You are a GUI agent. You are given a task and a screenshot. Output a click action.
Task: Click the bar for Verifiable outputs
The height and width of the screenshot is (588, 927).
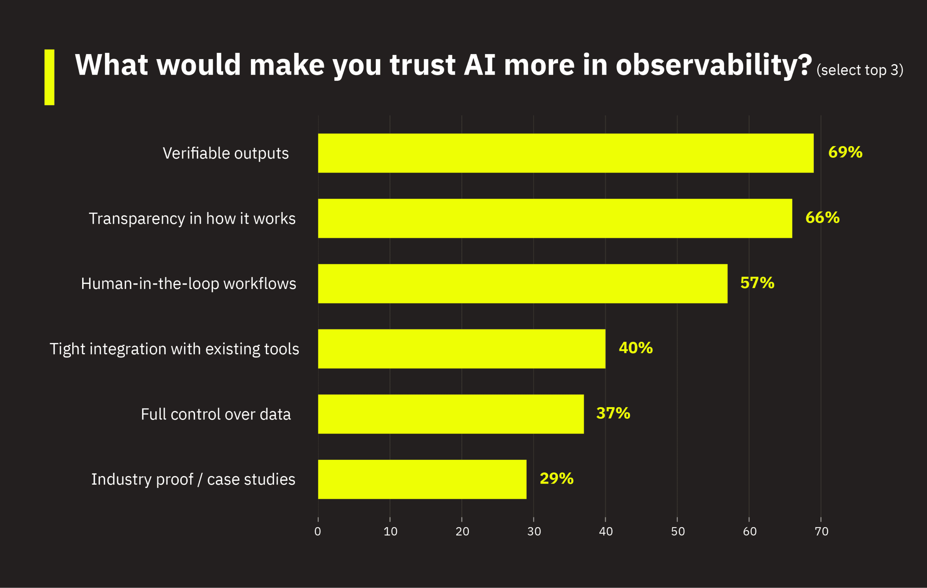[x=566, y=153]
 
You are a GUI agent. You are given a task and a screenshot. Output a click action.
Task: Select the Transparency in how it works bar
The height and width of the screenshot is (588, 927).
[x=555, y=218]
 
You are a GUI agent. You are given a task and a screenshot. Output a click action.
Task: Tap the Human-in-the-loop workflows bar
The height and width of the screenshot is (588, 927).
[x=523, y=283]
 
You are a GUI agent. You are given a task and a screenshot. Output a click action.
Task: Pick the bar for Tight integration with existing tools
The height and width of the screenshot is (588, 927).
[x=461, y=349]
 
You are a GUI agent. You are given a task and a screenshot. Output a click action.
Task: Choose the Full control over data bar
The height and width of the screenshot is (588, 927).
[x=450, y=414]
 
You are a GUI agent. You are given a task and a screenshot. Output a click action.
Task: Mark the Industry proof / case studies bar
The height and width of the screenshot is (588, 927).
[x=422, y=479]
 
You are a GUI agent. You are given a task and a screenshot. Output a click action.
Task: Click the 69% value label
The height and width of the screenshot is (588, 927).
[x=845, y=152]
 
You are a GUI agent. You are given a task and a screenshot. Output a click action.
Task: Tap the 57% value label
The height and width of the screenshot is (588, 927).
[x=757, y=283]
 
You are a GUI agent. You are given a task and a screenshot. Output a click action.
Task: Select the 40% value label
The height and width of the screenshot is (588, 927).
[x=636, y=348]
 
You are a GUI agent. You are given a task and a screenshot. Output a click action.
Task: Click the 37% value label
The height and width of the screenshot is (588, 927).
[x=613, y=413]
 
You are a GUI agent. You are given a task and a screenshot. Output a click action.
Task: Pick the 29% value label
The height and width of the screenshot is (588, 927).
[x=556, y=478]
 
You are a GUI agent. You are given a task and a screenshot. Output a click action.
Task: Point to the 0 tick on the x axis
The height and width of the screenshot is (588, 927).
[x=318, y=531]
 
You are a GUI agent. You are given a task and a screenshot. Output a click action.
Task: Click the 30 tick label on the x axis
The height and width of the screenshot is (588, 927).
[x=534, y=531]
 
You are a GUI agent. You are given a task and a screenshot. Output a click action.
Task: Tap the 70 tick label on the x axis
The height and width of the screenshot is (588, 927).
[x=822, y=531]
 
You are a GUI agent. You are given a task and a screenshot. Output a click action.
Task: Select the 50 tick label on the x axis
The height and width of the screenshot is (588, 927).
[x=678, y=531]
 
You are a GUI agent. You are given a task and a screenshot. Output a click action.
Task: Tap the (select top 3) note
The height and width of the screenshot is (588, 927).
[x=860, y=70]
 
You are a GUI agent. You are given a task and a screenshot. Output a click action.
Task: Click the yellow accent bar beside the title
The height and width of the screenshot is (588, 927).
[x=49, y=77]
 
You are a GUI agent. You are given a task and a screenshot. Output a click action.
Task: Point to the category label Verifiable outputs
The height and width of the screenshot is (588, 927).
[x=226, y=153]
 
